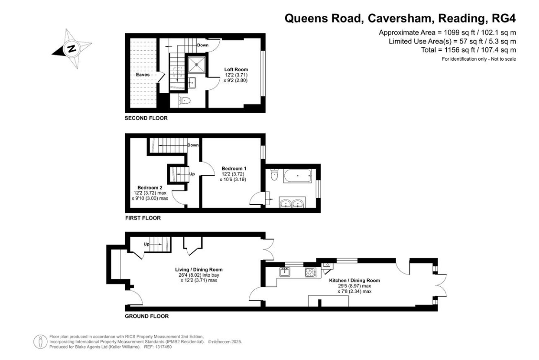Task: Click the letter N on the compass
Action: [72, 48]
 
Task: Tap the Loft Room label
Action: [236, 69]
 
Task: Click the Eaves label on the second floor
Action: [143, 75]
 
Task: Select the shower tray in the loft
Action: [196, 65]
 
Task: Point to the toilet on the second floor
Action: [184, 101]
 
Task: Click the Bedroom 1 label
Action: [234, 168]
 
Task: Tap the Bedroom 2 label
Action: [150, 187]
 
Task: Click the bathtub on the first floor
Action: [298, 176]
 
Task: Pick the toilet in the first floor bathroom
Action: [274, 175]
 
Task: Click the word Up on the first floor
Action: [192, 174]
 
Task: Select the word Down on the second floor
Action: [203, 45]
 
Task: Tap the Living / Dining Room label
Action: [199, 270]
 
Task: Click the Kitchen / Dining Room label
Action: [355, 280]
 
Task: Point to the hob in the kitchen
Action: [311, 273]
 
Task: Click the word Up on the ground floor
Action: [146, 244]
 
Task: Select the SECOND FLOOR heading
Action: [146, 118]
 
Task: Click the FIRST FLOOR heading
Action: [143, 218]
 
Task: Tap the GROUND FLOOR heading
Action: [147, 316]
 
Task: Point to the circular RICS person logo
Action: [40, 342]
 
